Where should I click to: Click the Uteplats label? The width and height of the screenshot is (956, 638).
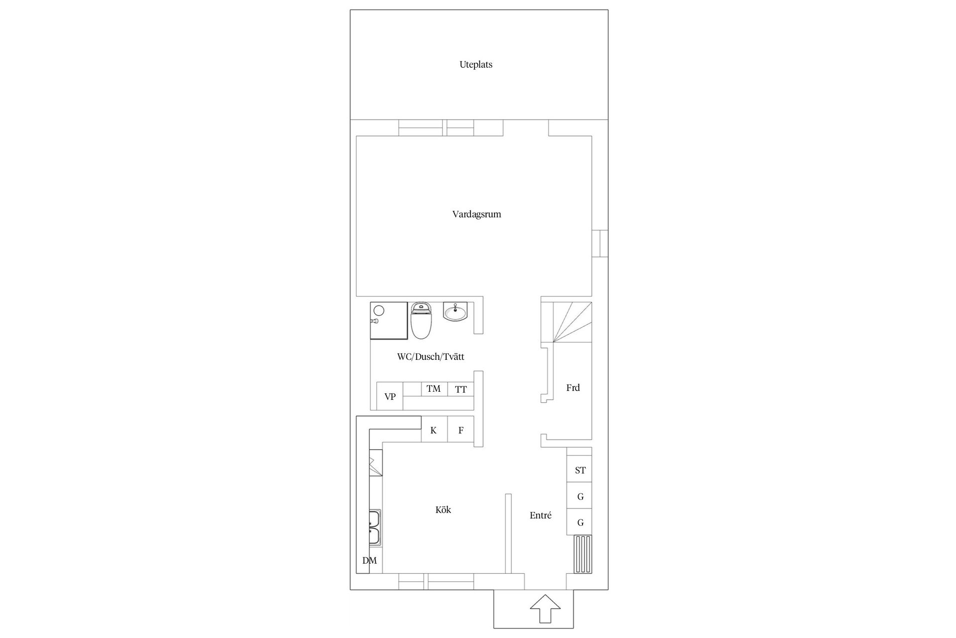(476, 65)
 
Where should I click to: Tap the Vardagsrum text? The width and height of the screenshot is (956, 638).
(477, 214)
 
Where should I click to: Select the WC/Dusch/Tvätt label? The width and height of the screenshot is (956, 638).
(430, 357)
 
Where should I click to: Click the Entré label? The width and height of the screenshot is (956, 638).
(540, 516)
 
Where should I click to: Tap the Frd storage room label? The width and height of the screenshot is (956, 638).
(573, 388)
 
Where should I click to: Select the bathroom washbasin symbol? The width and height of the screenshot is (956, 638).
(455, 312)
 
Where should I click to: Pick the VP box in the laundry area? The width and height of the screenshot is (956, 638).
(390, 397)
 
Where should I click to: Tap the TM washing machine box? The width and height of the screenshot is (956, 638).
(434, 389)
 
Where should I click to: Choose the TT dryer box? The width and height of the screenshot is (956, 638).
(461, 389)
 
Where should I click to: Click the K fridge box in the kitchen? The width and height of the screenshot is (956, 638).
(434, 430)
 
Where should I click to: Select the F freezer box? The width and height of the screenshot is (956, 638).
(461, 430)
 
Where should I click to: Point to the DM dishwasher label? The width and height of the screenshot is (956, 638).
(369, 560)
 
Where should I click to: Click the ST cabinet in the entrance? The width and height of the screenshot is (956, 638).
(580, 470)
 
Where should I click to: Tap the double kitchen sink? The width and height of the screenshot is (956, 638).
(375, 528)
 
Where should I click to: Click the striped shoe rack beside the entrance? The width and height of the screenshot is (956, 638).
(583, 554)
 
